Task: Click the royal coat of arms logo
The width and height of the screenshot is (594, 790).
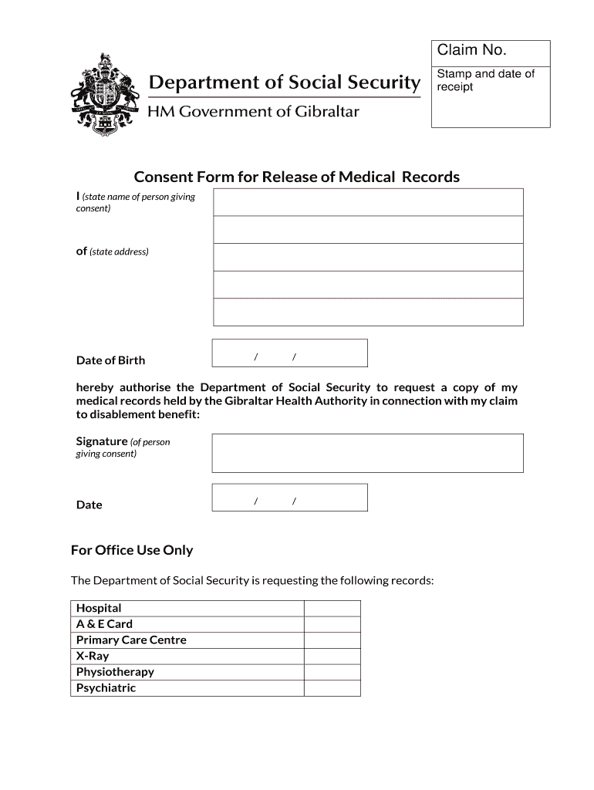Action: (106, 96)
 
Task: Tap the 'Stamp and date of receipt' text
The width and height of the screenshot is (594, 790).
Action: (485, 80)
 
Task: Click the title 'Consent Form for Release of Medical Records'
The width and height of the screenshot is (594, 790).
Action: (296, 177)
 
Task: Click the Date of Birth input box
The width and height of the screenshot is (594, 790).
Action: (289, 353)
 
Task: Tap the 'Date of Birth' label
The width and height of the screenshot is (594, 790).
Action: (110, 360)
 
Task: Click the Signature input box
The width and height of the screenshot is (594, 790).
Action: (367, 453)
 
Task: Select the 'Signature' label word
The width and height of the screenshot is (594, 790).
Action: (101, 441)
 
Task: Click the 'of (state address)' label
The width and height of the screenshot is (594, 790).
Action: (112, 252)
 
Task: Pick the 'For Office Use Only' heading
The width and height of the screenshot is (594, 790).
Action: (132, 550)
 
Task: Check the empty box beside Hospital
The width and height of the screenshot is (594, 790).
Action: (332, 608)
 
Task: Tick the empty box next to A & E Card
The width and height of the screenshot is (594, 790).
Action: (332, 624)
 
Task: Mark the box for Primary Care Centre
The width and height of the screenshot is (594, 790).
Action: (332, 640)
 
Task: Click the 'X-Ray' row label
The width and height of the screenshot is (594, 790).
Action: (93, 656)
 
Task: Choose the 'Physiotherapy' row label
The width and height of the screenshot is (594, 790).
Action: (115, 672)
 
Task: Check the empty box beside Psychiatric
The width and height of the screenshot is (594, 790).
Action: (332, 688)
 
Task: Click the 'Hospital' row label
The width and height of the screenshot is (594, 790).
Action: (99, 608)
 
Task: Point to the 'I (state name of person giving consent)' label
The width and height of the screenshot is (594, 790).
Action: (135, 202)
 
